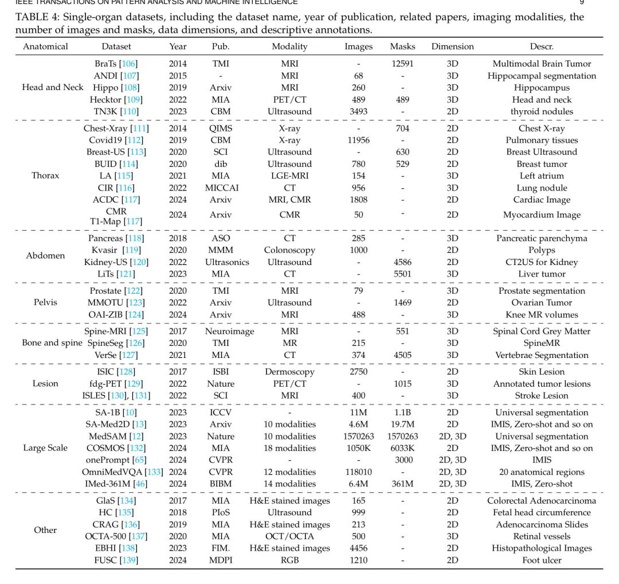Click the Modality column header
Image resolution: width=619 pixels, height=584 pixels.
click(289, 46)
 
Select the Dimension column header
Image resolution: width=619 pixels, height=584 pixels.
click(452, 46)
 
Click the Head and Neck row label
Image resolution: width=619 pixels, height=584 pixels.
click(53, 87)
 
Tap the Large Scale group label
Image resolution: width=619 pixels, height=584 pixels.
click(45, 448)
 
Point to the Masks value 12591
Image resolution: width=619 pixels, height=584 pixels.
click(402, 64)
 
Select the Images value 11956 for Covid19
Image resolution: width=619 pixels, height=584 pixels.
click(358, 140)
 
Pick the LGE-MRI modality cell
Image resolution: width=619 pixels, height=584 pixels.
click(289, 176)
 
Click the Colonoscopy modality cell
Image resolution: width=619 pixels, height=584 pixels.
click(289, 250)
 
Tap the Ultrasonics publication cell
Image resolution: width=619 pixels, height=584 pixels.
click(220, 262)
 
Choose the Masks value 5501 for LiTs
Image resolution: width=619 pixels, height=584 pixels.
click(402, 274)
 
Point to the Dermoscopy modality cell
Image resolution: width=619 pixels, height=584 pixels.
click(289, 372)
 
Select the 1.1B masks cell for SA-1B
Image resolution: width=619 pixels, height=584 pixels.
click(402, 412)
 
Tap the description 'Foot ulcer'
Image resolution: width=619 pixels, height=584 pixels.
click(542, 560)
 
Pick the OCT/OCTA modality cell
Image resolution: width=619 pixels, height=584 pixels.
click(289, 536)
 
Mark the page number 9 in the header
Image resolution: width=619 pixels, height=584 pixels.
click(582, 2)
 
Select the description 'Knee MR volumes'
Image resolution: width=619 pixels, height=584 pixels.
click(542, 314)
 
